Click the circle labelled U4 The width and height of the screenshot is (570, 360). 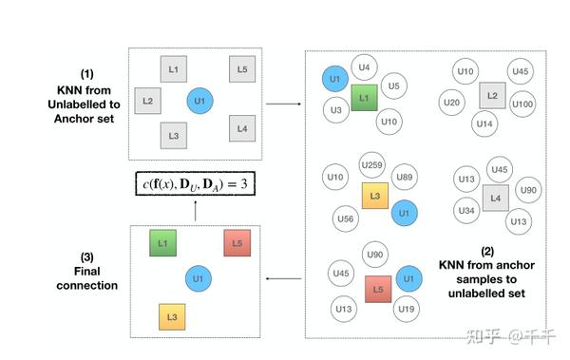pos(365,66)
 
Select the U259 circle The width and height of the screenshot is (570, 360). pos(373,166)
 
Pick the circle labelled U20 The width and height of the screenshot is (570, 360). pos(452,103)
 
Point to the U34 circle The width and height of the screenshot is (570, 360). pos(466,210)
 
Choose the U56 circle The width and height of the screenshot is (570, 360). pos(346,219)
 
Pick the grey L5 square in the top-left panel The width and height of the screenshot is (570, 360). pos(241,69)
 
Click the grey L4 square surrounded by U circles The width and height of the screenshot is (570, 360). pos(492,198)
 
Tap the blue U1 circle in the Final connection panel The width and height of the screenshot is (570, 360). pos(199,279)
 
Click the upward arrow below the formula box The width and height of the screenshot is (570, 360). pos(195,211)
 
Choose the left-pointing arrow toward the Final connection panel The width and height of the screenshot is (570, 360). pos(280,279)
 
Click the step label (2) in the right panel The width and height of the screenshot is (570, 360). pos(487,252)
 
